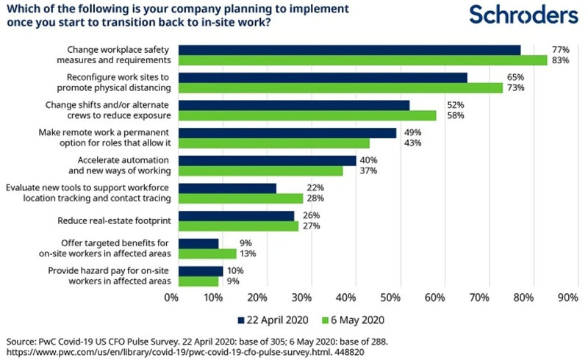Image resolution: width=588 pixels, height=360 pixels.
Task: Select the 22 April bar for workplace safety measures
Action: coord(350,50)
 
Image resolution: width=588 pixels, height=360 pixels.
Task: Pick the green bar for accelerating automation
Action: coord(262,171)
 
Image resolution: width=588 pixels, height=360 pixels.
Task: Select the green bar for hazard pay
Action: coord(199,281)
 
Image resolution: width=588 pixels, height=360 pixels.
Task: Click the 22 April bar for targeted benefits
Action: coord(199,243)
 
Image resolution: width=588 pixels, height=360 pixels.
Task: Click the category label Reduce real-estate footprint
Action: coord(114,220)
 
